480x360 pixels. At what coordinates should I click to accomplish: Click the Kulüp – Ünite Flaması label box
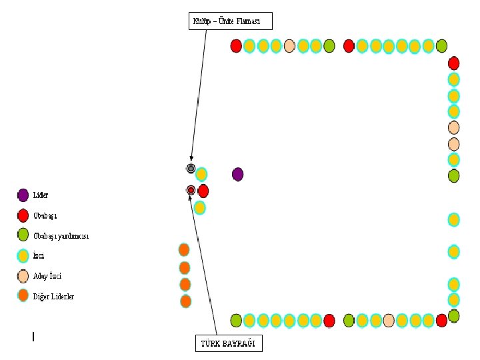pyautogui.click(x=231, y=21)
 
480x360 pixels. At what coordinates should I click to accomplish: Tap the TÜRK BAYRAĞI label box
pyautogui.click(x=228, y=343)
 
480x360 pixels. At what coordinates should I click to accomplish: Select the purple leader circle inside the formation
pyautogui.click(x=237, y=174)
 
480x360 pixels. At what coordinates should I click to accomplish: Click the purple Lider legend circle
pyautogui.click(x=23, y=195)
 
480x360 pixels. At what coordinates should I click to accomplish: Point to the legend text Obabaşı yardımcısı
pyautogui.click(x=61, y=236)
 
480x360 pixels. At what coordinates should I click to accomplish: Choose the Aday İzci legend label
pyautogui.click(x=47, y=276)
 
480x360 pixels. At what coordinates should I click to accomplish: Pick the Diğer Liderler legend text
pyautogui.click(x=54, y=296)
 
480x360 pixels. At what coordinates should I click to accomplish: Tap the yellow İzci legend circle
pyautogui.click(x=23, y=255)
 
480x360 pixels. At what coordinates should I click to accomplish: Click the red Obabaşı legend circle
pyautogui.click(x=23, y=215)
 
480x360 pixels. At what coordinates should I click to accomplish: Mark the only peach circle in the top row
pyautogui.click(x=289, y=46)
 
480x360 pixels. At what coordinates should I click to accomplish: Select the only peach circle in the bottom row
pyautogui.click(x=389, y=321)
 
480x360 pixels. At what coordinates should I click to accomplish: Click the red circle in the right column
pyautogui.click(x=453, y=63)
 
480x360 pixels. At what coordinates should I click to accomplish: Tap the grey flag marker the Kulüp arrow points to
pyautogui.click(x=191, y=168)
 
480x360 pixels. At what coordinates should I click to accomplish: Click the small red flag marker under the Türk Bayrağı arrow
pyautogui.click(x=191, y=190)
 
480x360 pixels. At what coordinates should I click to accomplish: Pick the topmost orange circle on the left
pyautogui.click(x=184, y=249)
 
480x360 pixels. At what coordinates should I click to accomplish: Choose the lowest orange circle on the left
pyautogui.click(x=185, y=301)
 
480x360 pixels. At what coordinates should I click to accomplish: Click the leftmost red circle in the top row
pyautogui.click(x=236, y=46)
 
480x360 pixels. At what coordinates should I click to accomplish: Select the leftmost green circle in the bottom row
pyautogui.click(x=236, y=321)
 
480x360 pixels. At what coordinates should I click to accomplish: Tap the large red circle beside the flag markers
pyautogui.click(x=203, y=191)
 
